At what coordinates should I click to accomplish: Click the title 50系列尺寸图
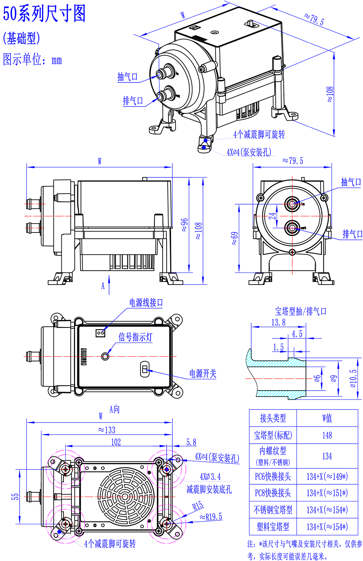[x=44, y=14]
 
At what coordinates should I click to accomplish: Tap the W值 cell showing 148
[x=327, y=435]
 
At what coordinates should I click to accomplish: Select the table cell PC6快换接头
[x=273, y=476]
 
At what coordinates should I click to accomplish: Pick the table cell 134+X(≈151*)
[x=327, y=493]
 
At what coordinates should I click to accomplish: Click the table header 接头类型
[x=273, y=418]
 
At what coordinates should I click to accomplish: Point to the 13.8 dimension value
[x=278, y=322]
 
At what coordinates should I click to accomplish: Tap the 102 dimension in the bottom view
[x=116, y=442]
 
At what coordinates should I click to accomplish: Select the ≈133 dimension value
[x=107, y=430]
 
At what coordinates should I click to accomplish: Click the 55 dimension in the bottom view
[x=15, y=496]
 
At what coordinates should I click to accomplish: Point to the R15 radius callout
[x=198, y=506]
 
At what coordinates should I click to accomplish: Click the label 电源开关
[x=203, y=374]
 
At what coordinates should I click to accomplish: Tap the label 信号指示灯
[x=135, y=337]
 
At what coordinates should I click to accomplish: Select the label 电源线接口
[x=146, y=303]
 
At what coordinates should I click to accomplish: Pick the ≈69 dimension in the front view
[x=235, y=238]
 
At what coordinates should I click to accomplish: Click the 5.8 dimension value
[x=191, y=442]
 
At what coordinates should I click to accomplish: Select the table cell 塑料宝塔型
[x=273, y=526]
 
